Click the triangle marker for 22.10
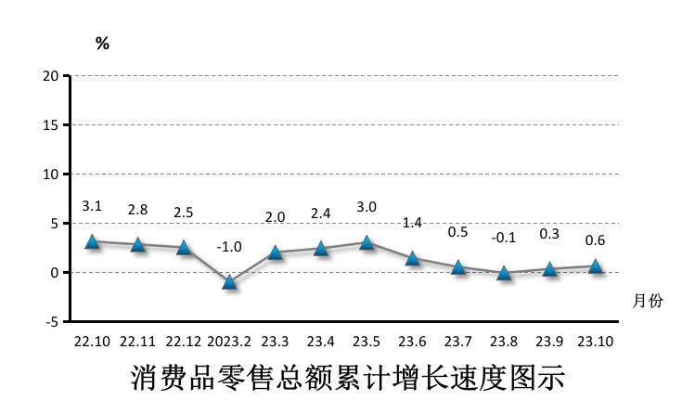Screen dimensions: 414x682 92,241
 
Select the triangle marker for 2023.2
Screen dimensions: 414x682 229,282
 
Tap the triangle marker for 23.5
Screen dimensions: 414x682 367,242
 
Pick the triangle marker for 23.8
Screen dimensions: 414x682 504,273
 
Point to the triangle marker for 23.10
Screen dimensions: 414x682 595,266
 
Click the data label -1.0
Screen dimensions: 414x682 229,247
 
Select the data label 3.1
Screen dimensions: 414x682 92,206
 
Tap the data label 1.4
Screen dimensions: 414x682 412,223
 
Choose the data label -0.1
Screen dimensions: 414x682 504,238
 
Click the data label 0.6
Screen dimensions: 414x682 595,240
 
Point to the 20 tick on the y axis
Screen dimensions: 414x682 52,75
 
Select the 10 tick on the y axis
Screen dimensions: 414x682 52,175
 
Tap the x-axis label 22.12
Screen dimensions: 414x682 184,342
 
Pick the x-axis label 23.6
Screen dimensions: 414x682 412,342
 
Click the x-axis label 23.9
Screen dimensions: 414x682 549,342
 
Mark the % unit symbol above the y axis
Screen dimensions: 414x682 102,44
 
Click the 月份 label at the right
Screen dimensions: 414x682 649,301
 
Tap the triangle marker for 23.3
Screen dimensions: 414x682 275,252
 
